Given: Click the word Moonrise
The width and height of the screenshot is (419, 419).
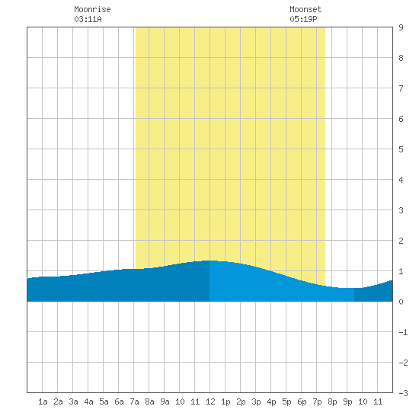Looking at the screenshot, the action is pos(92,9).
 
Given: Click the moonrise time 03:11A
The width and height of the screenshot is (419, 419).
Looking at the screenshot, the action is pos(88,19).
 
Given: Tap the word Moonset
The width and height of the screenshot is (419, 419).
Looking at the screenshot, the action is pos(305,9).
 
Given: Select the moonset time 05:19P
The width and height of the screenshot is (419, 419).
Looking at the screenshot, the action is pos(303,19).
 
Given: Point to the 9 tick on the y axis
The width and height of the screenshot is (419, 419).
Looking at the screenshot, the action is pos(401,27).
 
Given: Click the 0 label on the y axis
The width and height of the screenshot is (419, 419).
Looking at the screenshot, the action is pos(401,302).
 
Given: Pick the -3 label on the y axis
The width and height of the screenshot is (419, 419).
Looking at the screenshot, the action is pos(403,393).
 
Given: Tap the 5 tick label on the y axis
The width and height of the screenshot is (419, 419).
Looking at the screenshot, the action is pos(401,149).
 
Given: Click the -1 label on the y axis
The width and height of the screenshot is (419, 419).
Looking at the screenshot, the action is pos(403,332).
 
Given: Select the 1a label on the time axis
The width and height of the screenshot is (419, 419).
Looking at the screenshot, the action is pos(43,401).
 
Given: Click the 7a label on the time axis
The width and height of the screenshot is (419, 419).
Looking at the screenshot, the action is pos(134,401).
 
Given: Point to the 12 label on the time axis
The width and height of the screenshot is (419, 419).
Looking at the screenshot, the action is pos(210,401).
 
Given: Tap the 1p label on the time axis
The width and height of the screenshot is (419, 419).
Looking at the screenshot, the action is pos(225,401).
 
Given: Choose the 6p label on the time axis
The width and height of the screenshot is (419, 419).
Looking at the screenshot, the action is pos(302,401).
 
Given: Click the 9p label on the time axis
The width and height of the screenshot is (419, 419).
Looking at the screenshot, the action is pos(347,401).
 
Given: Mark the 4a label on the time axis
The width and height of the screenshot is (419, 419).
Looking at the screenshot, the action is pos(88,401).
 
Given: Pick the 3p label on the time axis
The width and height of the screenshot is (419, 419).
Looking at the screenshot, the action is pos(256,401).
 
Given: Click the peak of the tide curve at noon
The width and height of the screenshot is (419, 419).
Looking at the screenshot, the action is pos(210,261).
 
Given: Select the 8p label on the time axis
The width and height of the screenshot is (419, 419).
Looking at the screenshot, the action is pos(332,401).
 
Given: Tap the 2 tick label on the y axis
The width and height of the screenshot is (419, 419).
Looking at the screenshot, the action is pos(401,241).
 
